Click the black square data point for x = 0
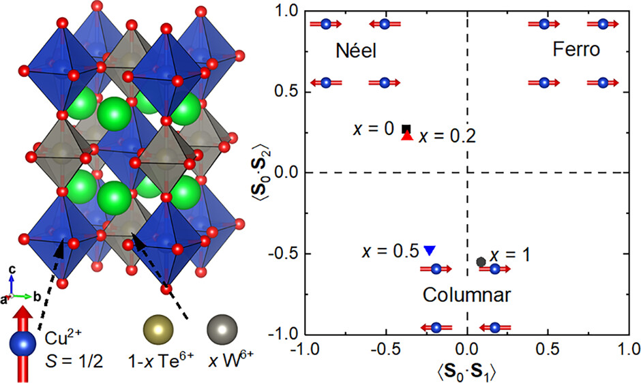pos(406,129)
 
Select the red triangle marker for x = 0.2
pos(407,136)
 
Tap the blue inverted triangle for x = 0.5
pos(429,249)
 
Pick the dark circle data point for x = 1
pos(481,261)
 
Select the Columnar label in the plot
pos(466,295)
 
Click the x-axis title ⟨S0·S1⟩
pos(466,371)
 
